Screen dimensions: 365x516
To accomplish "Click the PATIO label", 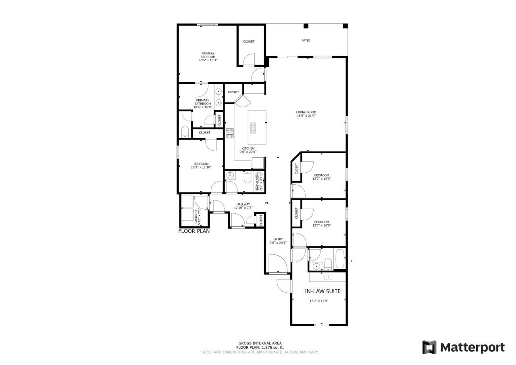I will point(306,40).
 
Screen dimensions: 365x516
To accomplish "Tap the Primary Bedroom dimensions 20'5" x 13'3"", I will point(208,60).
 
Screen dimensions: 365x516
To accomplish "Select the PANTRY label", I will point(233,92).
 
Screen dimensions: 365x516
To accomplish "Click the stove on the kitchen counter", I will point(229,133).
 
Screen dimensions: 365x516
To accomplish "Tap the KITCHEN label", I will point(248,148).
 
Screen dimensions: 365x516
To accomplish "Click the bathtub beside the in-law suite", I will point(340,259).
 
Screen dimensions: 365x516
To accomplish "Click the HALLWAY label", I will point(243,204).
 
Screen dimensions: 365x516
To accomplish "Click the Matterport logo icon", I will point(429,347).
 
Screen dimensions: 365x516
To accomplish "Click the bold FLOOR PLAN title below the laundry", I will point(194,232).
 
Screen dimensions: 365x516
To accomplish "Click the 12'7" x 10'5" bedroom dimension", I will point(322,179).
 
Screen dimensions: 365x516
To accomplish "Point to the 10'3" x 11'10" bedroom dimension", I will point(201,167).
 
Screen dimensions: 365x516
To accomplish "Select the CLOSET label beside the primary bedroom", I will point(249,42).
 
